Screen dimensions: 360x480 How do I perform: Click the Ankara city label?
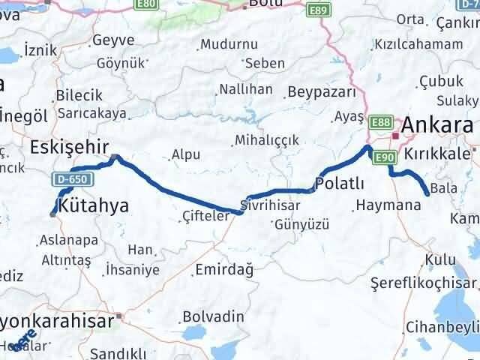point(438,124)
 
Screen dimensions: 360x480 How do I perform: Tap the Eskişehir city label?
point(69,146)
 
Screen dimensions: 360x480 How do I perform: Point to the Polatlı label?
point(340,184)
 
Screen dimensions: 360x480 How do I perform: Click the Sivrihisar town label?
point(271,204)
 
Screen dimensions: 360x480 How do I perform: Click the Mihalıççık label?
point(267,140)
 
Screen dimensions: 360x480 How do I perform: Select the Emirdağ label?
point(223,269)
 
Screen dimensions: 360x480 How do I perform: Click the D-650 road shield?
point(70,178)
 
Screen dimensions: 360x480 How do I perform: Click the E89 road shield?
point(318,10)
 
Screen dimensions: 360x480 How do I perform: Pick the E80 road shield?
point(146,4)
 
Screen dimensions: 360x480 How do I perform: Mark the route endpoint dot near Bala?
point(427,194)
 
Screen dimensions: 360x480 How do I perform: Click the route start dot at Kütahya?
point(52,214)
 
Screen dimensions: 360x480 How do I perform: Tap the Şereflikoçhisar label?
point(424,283)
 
